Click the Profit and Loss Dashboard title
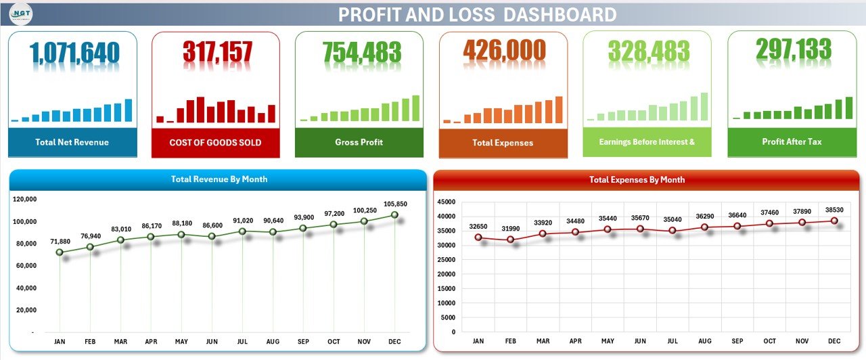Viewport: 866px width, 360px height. coord(477,14)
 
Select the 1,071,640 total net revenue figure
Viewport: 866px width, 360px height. coord(74,53)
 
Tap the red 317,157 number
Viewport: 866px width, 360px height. coord(217,53)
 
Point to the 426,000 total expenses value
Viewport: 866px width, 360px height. coord(504,51)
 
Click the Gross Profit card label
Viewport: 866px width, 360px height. coord(359,142)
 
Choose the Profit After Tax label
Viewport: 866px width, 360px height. coord(792,142)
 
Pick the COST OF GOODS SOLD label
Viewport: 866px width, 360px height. coord(215,143)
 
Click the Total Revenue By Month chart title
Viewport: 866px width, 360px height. coord(219,179)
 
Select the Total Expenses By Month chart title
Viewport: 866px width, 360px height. coord(637,180)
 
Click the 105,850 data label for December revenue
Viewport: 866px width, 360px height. coord(395,204)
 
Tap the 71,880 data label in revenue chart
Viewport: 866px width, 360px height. coord(60,242)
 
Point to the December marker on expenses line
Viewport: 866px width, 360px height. coord(834,221)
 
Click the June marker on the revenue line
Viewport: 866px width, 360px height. coord(212,236)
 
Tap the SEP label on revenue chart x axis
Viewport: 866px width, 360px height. coord(303,342)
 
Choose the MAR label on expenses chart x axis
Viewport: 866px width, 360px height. coord(543,341)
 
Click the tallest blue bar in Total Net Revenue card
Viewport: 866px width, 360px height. coord(128,110)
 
